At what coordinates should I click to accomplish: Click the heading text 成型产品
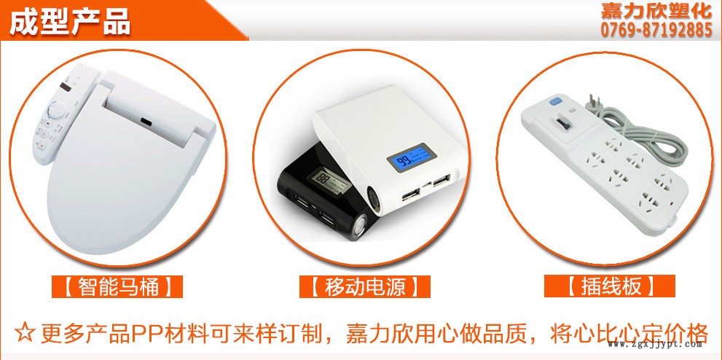click(69, 21)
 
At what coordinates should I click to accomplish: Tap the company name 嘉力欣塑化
click(656, 12)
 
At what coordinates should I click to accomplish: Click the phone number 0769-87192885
click(656, 31)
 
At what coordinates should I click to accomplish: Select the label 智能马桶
click(118, 287)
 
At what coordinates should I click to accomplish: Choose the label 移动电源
click(365, 287)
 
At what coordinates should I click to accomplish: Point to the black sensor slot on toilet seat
click(147, 122)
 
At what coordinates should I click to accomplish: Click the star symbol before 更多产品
click(24, 333)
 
